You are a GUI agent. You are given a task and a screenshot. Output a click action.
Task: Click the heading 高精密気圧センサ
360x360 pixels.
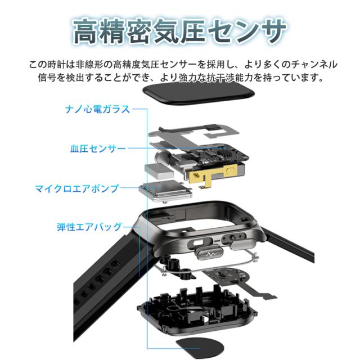pos(179,31)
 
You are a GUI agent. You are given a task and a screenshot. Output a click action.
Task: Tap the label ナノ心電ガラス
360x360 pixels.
pos(97,109)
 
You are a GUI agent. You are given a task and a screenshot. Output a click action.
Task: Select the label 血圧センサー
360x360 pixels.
pos(98,148)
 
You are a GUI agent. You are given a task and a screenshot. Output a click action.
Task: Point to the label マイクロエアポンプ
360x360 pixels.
pos(77,188)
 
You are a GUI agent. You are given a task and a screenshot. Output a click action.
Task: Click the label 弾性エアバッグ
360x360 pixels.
pos(89,227)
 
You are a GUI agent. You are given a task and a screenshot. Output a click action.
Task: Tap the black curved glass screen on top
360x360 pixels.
pos(199,93)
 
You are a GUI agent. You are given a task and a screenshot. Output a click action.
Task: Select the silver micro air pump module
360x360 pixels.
pos(165,191)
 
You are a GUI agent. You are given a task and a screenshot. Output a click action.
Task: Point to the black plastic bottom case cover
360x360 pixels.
pos(197,309)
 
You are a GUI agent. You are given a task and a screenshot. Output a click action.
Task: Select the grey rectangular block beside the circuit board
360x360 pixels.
pos(159,171)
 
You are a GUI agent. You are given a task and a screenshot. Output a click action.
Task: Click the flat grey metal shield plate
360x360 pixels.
pos(194,135)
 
